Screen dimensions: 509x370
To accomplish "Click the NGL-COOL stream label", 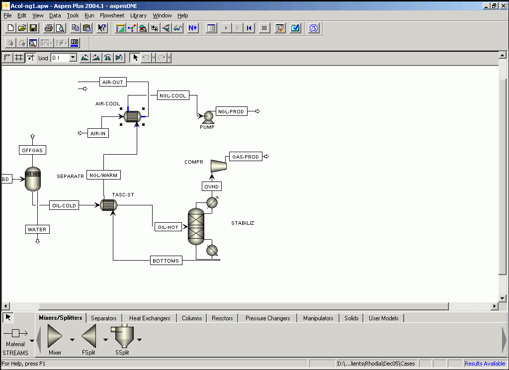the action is [172, 95].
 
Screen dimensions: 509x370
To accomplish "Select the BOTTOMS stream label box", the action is [166, 261].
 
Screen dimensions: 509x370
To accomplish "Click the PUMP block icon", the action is [208, 117].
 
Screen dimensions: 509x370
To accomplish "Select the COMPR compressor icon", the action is [219, 166].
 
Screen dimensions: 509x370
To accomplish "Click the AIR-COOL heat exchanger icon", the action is [132, 116].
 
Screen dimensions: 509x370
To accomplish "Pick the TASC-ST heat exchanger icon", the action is [108, 205].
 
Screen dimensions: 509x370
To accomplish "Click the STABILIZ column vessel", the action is [196, 226].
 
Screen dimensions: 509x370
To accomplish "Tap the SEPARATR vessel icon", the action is [33, 179].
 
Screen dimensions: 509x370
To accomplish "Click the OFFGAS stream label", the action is [32, 150].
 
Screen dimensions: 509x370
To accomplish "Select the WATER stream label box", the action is [37, 229].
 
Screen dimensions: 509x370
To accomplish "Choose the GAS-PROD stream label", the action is [246, 157].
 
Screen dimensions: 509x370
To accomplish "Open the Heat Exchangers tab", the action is [150, 318].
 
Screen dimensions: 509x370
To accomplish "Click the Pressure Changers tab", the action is [268, 318].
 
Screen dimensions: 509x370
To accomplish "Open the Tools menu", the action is [73, 15].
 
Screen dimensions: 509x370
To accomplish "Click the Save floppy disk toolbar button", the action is [33, 28].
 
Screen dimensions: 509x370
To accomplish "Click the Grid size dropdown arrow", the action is [73, 58].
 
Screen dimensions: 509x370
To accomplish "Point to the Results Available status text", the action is [485, 364].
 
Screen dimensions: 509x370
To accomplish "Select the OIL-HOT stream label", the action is [168, 227].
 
